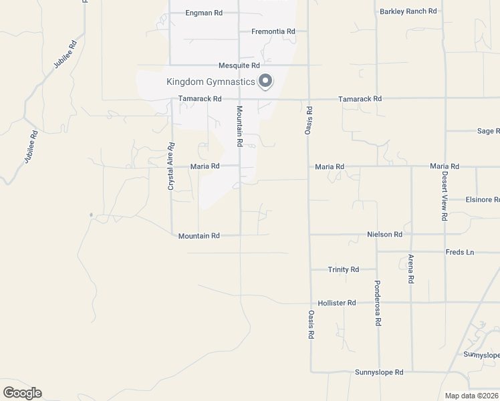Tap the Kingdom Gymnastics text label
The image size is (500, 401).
[x=211, y=82]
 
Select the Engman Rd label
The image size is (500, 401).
[x=203, y=13]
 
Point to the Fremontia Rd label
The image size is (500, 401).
[x=273, y=31]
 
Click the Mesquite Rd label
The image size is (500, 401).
[x=239, y=65]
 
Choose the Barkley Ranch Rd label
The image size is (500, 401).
[x=408, y=11]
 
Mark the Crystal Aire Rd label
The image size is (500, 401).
[x=171, y=166]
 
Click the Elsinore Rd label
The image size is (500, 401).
[x=483, y=200]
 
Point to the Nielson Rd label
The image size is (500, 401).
[x=384, y=235]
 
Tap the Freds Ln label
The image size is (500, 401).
[x=459, y=252]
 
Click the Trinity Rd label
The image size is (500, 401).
[x=343, y=269]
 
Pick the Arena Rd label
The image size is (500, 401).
[x=410, y=269]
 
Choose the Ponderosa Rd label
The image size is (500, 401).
[x=377, y=303]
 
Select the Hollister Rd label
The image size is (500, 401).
[x=337, y=303]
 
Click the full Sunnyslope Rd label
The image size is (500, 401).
[x=379, y=372]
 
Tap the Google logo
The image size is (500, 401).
[x=22, y=393]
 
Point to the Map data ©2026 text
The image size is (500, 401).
[x=471, y=396]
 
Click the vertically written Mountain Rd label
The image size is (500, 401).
[x=239, y=126]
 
